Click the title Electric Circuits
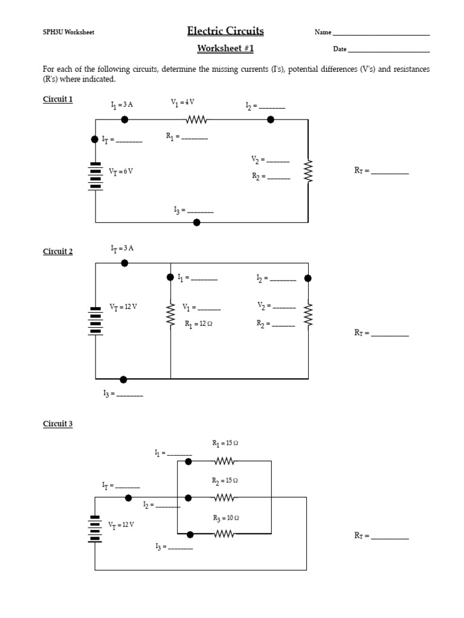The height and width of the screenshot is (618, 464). click(225, 31)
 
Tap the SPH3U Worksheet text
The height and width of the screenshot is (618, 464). click(68, 33)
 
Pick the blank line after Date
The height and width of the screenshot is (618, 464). click(389, 50)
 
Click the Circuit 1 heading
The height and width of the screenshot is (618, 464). click(57, 99)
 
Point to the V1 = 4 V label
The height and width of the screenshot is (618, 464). click(182, 103)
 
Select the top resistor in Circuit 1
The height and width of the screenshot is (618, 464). click(196, 120)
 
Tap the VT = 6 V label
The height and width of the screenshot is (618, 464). click(120, 171)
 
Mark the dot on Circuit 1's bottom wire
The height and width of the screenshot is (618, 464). click(196, 223)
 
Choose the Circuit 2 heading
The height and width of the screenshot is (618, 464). click(57, 252)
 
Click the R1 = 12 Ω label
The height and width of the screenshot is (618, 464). click(199, 324)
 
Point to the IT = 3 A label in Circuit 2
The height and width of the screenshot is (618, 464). click(121, 248)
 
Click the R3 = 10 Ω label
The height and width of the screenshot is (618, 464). click(225, 518)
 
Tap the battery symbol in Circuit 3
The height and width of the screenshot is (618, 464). click(95, 529)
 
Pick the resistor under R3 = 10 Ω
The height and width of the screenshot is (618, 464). click(224, 534)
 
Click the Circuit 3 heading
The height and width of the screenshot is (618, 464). click(57, 424)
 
